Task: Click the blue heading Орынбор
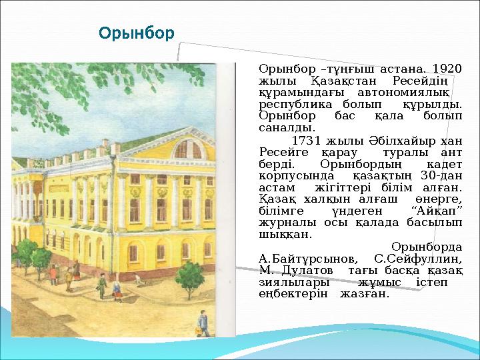(x=136, y=33)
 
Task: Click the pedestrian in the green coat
(x=117, y=289)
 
